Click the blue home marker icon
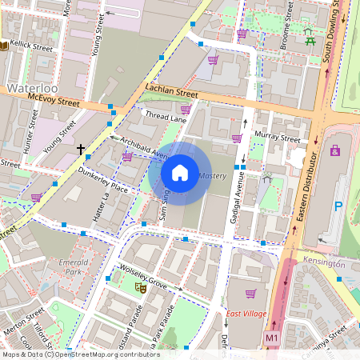click(x=180, y=173)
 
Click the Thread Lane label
click(x=165, y=117)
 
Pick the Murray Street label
click(x=277, y=138)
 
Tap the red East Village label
click(x=246, y=314)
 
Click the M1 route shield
click(x=272, y=341)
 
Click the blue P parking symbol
click(x=338, y=206)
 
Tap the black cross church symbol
click(x=80, y=149)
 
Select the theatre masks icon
click(x=140, y=286)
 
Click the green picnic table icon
click(x=309, y=34)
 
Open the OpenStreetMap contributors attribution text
click(x=80, y=354)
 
